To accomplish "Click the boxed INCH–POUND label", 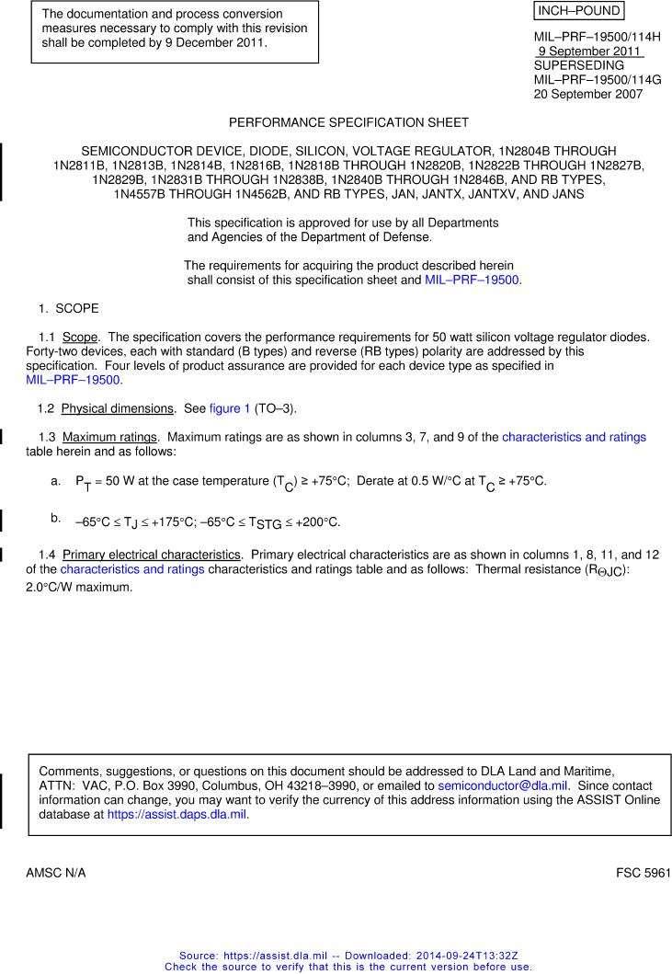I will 578,12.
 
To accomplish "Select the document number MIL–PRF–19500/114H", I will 597,37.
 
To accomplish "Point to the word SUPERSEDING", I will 579,65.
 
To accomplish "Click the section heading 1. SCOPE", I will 68,308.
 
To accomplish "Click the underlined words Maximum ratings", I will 109,437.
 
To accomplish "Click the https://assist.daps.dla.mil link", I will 177,814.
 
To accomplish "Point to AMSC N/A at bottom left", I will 55,872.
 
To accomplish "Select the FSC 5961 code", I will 643,872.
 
